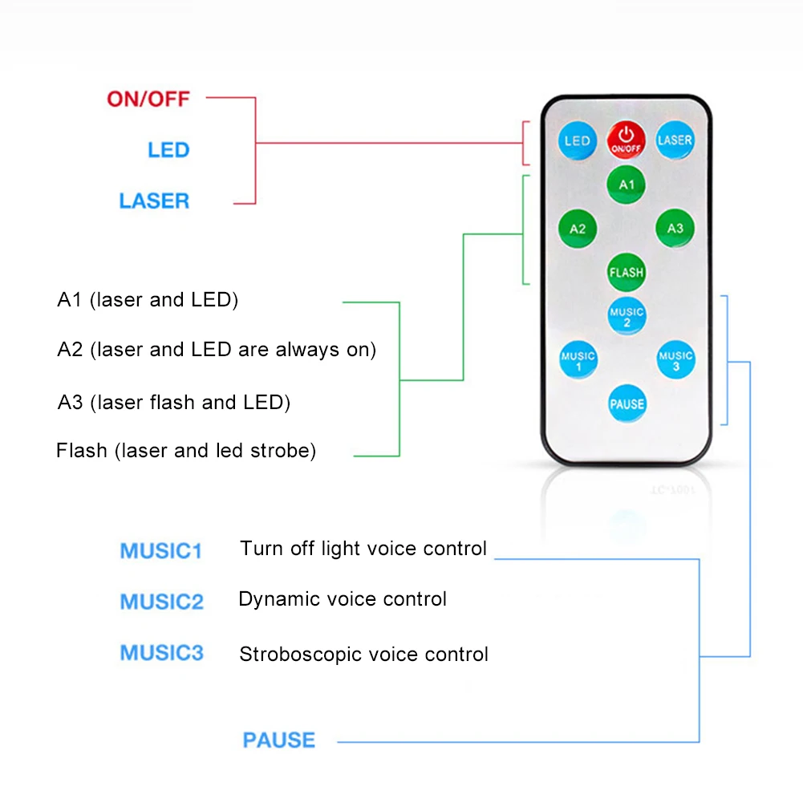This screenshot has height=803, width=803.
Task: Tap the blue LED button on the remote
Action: pyautogui.click(x=577, y=141)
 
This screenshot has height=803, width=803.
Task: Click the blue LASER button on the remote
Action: pyautogui.click(x=675, y=140)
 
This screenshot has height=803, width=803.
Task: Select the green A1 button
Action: pyautogui.click(x=627, y=185)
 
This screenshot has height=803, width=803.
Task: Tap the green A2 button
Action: pyautogui.click(x=578, y=229)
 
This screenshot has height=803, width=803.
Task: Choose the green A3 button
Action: pyautogui.click(x=675, y=229)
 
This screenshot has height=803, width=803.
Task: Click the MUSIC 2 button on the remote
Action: pyautogui.click(x=627, y=317)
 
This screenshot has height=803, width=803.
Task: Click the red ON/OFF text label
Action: pyautogui.click(x=148, y=99)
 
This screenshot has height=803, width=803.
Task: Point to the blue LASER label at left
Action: pyautogui.click(x=154, y=201)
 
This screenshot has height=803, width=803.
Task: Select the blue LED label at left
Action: pyautogui.click(x=168, y=150)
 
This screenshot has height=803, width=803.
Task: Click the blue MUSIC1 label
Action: pyautogui.click(x=161, y=551)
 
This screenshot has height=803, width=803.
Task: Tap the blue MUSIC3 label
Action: pyautogui.click(x=162, y=653)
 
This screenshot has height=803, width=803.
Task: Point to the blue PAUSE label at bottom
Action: pyautogui.click(x=279, y=740)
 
